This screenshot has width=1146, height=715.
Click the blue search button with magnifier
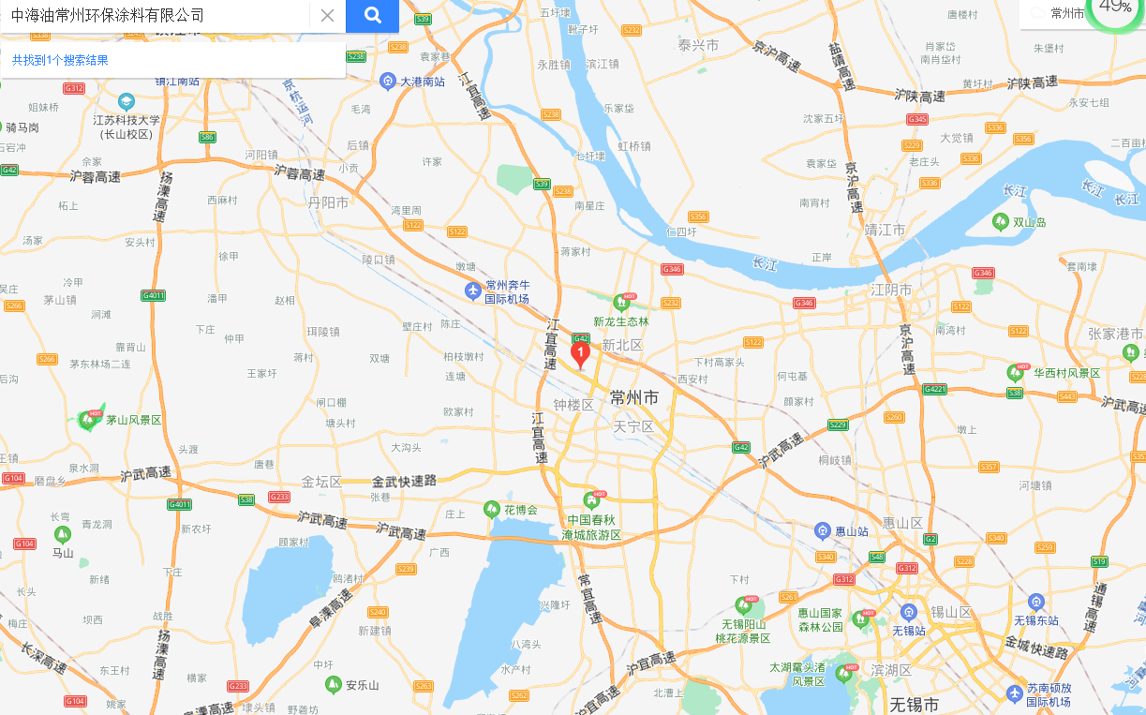pos(372,15)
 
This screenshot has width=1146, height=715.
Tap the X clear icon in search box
pos(327,15)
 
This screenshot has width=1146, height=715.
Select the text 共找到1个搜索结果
pos(60,60)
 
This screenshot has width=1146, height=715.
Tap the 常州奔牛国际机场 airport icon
pos(474,291)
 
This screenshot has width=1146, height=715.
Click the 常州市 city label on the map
pos(634,397)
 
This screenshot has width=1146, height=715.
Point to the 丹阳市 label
pos(328,202)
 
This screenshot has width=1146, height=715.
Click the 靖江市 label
pos(885,230)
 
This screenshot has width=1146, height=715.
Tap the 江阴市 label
pos(891,290)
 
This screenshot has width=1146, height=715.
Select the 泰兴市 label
pos(698,45)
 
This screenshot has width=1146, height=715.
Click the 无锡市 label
pos(914,703)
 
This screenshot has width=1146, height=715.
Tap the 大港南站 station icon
pos(388,82)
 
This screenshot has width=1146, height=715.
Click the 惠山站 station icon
pos(823,531)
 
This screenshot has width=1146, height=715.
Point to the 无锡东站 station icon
pos(1035,602)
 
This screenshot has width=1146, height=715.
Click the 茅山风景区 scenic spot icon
pos(91,420)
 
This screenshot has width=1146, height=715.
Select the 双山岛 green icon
pos(1001,222)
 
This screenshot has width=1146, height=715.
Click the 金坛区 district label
pos(322,482)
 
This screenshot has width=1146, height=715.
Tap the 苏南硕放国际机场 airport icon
pos(1015,693)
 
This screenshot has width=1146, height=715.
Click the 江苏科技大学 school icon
pos(127,101)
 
